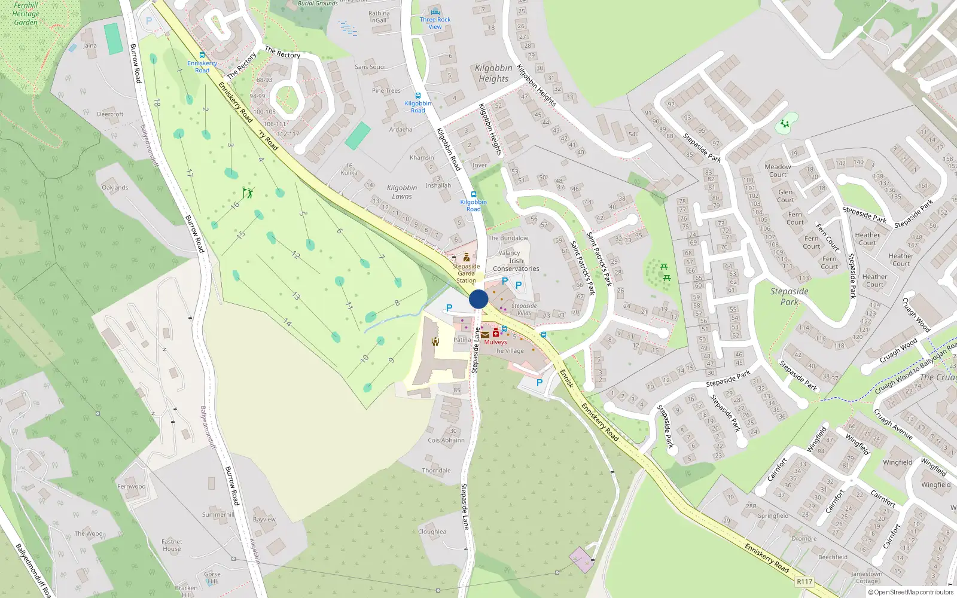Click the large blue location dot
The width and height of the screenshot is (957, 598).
click(478, 299)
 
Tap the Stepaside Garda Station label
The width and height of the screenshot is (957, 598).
click(466, 273)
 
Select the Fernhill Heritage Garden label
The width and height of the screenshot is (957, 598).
click(26, 14)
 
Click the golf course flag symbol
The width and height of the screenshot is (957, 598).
click(248, 193)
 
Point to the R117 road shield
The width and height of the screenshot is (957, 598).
click(804, 581)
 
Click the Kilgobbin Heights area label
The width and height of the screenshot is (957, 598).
click(493, 73)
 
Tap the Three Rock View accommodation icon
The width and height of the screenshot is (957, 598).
click(435, 12)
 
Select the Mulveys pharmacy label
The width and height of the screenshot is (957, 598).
click(495, 342)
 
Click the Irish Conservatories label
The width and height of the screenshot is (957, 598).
click(516, 265)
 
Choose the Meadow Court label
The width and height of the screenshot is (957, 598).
click(778, 170)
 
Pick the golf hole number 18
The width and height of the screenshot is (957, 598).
click(157, 103)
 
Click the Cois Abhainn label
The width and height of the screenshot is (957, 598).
click(446, 440)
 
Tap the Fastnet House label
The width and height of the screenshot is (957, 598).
click(172, 545)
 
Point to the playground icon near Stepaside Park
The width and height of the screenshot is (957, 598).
click(785, 124)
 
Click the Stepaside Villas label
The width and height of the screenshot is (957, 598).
click(524, 309)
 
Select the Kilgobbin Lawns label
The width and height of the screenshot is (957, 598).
click(402, 192)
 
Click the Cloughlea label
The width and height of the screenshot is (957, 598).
click(432, 532)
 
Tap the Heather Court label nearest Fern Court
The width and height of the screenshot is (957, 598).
click(867, 239)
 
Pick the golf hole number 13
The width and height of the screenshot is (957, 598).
click(295, 295)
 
